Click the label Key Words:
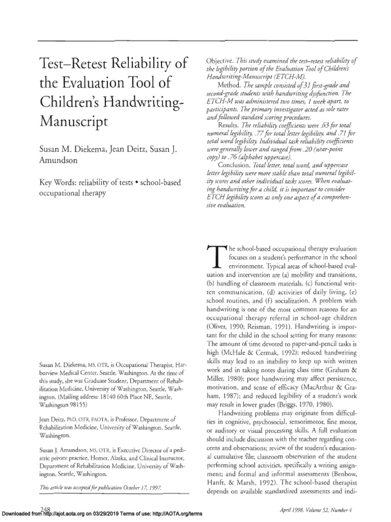(57, 182)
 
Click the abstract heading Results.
(231, 124)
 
